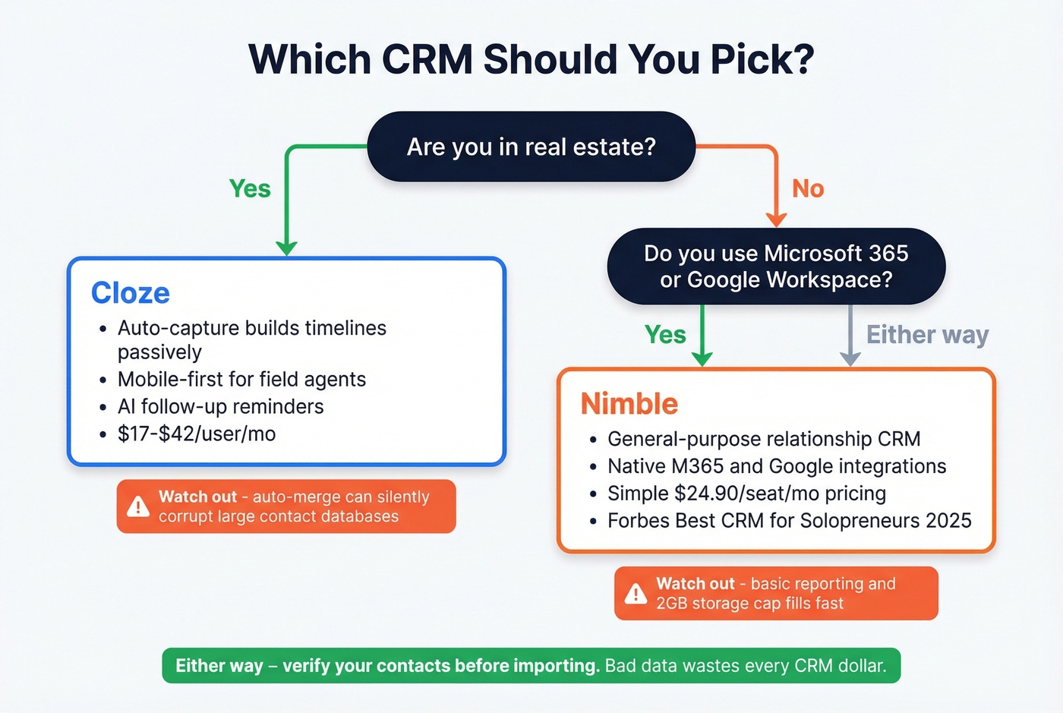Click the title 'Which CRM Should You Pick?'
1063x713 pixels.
point(531,59)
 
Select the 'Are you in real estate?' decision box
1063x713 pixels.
point(531,147)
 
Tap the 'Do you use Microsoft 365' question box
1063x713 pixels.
point(775,266)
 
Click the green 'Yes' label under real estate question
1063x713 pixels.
point(250,188)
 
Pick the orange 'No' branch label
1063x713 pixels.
point(808,188)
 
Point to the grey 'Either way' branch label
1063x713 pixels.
point(927,335)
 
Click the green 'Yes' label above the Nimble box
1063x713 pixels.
point(665,335)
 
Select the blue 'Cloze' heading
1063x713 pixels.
point(131,293)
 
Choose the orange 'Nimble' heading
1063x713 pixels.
point(629,404)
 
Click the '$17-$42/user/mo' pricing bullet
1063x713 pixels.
point(196,434)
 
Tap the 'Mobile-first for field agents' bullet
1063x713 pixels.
point(241,380)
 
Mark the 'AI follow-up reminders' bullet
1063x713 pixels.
point(220,407)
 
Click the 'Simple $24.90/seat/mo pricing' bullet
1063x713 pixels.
point(746,494)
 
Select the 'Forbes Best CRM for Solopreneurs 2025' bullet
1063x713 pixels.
point(789,521)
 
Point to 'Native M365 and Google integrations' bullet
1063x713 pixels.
point(777,466)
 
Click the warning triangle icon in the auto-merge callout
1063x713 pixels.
point(138,506)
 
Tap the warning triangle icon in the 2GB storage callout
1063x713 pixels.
point(636,594)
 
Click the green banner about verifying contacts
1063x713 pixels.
point(531,666)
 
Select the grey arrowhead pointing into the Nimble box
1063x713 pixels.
point(850,358)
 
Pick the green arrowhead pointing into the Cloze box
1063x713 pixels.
point(286,248)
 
